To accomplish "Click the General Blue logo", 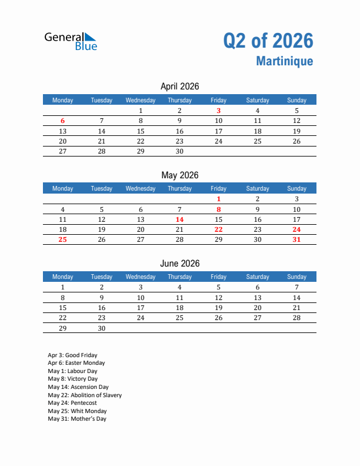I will click(71, 41).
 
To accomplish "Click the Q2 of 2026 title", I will click(268, 41).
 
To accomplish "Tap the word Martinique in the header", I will click(285, 61).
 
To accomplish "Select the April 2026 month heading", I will click(179, 86).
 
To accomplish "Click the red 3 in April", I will click(218, 111).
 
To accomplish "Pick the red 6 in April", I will click(63, 121).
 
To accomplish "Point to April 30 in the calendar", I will click(179, 151).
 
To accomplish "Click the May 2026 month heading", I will click(179, 175).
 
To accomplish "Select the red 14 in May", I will click(179, 219).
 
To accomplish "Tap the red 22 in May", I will click(218, 229).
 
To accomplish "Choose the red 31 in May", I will click(296, 239).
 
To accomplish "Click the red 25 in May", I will click(63, 239).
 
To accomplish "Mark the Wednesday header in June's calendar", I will click(141, 277).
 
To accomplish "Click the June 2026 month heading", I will click(179, 264).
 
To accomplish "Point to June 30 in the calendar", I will click(102, 328).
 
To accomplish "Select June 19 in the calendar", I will click(218, 308).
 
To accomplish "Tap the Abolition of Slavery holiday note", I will click(85, 395).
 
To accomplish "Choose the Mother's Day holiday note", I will click(77, 419).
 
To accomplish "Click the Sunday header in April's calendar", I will click(296, 100).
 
